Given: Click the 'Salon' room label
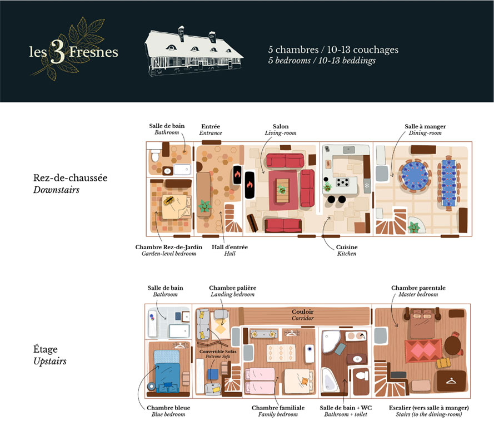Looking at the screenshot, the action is click(281, 126).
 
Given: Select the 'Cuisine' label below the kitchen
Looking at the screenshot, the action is click(347, 247).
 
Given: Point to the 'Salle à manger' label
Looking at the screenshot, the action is click(425, 126).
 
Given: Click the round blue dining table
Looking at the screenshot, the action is click(415, 175).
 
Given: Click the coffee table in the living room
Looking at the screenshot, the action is click(283, 190).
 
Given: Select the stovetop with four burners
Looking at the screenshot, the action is click(342, 182).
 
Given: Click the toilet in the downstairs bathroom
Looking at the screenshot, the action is click(155, 155).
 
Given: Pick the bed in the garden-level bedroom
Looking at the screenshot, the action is click(176, 206).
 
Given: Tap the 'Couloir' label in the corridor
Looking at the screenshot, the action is click(302, 311).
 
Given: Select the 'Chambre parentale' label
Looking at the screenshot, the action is click(418, 288).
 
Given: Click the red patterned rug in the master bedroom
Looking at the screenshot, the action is click(423, 350).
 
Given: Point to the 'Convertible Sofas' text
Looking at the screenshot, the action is click(218, 352).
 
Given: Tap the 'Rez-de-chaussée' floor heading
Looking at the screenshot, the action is click(70, 177).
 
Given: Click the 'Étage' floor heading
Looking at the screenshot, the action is click(46, 349).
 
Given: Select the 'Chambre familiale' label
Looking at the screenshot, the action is click(278, 408).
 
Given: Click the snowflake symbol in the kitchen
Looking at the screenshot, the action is click(367, 185).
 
